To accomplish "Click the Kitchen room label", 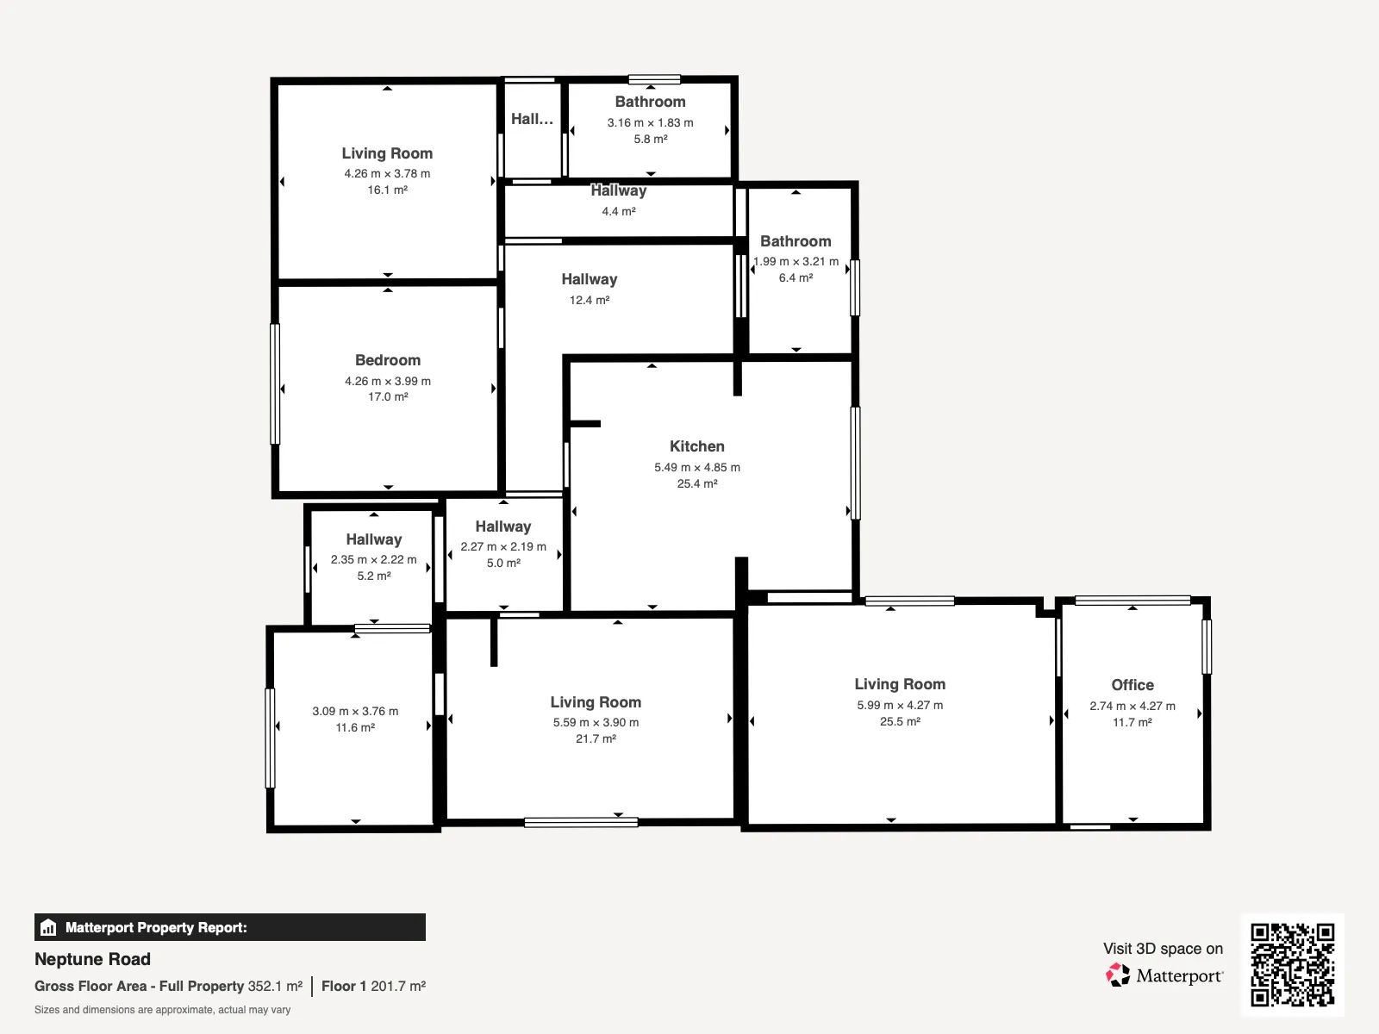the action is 696,446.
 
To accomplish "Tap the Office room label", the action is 1133,685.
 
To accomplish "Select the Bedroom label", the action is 388,360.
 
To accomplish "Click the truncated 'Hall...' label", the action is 532,119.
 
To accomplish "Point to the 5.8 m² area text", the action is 650,139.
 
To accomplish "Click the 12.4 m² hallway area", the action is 590,300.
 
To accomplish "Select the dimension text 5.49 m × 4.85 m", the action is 696,467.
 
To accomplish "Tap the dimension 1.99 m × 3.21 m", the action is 796,261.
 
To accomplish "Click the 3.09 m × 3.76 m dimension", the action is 355,712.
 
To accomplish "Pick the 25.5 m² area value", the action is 900,721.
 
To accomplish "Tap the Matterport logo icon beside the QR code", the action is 1118,975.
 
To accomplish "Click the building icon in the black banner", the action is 48,927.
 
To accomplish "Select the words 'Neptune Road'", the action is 92,959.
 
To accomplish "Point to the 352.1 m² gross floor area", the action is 275,987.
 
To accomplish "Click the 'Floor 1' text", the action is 344,987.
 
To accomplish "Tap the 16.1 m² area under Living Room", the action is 388,190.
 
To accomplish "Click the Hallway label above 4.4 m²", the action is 618,190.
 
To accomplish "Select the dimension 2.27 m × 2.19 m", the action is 503,547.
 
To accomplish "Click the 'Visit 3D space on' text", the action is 1163,949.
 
